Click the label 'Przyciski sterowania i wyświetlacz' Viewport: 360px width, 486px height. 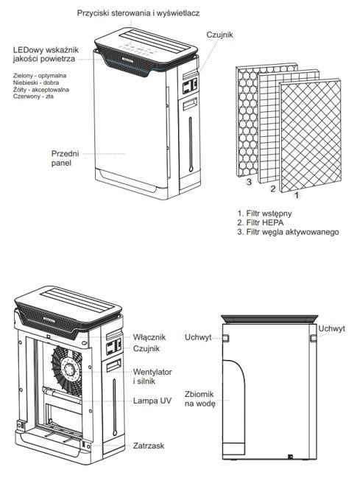(138, 13)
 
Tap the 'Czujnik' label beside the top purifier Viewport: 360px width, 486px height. (219, 35)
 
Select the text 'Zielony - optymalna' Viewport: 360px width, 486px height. (40, 76)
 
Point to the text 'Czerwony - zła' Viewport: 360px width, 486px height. (33, 96)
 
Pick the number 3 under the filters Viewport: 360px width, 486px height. (249, 182)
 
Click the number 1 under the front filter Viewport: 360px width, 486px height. (297, 195)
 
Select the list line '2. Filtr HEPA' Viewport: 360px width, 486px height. (260, 222)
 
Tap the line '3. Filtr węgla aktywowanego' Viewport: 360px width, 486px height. (288, 232)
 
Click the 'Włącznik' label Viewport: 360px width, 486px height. (149, 337)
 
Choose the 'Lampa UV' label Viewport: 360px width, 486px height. (152, 401)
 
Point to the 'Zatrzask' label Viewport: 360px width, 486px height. (149, 445)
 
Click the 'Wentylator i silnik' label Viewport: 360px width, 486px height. (152, 376)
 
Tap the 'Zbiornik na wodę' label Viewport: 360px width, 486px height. (200, 399)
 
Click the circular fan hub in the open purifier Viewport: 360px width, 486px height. (70, 370)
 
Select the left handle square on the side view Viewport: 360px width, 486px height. (226, 338)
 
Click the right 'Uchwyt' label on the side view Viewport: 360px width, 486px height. (331, 328)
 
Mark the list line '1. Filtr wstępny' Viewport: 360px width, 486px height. (264, 214)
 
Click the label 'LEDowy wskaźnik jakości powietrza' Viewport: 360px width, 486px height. (46, 54)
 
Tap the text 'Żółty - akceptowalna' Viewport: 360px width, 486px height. (41, 90)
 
